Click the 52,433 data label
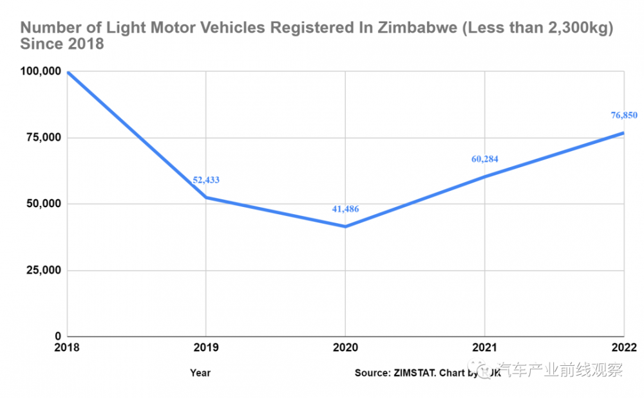pos(206,180)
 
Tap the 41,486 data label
pos(345,209)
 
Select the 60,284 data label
pos(485,159)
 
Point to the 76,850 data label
pos(624,115)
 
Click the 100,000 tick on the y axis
pos(37,71)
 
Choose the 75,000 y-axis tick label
pos(41,138)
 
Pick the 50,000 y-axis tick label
pos(41,204)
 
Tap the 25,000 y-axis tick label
pos(41,270)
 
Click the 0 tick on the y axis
pos(57,336)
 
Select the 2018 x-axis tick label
pos(68,348)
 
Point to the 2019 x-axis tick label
pos(206,348)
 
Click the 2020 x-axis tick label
pos(345,348)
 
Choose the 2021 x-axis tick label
pos(484,348)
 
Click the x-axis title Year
pos(200,372)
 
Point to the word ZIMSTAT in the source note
pos(415,372)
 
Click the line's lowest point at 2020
pos(345,226)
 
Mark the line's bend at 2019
pos(206,197)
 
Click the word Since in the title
pos(43,45)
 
